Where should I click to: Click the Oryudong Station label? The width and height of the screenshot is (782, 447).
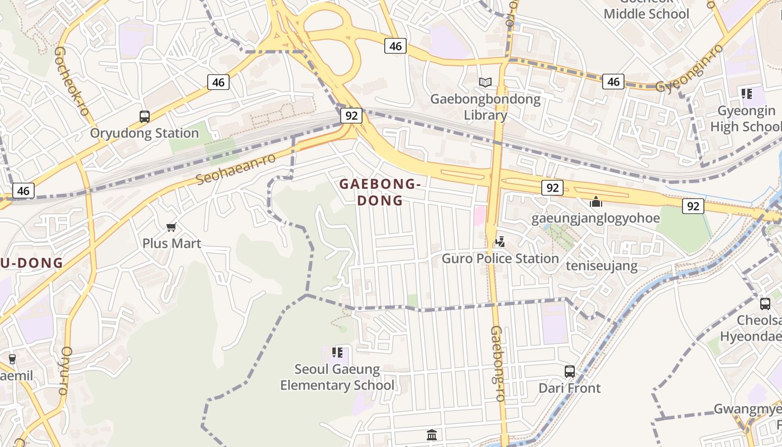[145, 133]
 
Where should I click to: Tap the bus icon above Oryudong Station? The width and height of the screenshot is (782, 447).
[145, 117]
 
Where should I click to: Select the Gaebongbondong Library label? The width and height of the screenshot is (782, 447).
[485, 107]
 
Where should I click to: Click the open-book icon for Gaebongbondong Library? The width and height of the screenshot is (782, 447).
[485, 83]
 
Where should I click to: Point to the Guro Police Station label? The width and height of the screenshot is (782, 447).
[500, 259]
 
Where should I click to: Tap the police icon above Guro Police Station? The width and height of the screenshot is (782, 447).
[500, 242]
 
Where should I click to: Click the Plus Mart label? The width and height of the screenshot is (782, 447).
[171, 244]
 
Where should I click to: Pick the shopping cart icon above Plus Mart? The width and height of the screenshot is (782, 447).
[171, 227]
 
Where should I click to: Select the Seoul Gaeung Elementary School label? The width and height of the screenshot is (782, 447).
[337, 377]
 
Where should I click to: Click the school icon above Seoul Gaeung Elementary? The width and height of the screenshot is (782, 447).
[337, 353]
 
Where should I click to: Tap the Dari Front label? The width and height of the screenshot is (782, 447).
[570, 388]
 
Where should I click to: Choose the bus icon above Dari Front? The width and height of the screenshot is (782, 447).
[570, 372]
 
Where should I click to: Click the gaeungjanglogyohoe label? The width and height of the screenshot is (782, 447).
[595, 218]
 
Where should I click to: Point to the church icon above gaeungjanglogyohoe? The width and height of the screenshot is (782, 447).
[596, 202]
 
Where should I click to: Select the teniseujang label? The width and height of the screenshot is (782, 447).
[602, 265]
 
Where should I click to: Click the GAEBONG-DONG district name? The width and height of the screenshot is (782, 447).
[380, 192]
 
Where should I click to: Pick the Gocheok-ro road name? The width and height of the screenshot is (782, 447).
[72, 81]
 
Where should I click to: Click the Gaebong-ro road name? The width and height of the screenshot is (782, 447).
[497, 363]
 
